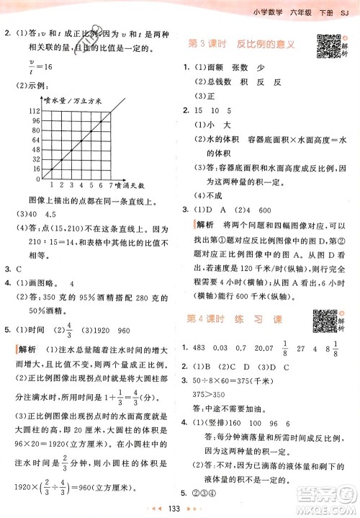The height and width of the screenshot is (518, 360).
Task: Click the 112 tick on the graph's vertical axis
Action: click(34, 110)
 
